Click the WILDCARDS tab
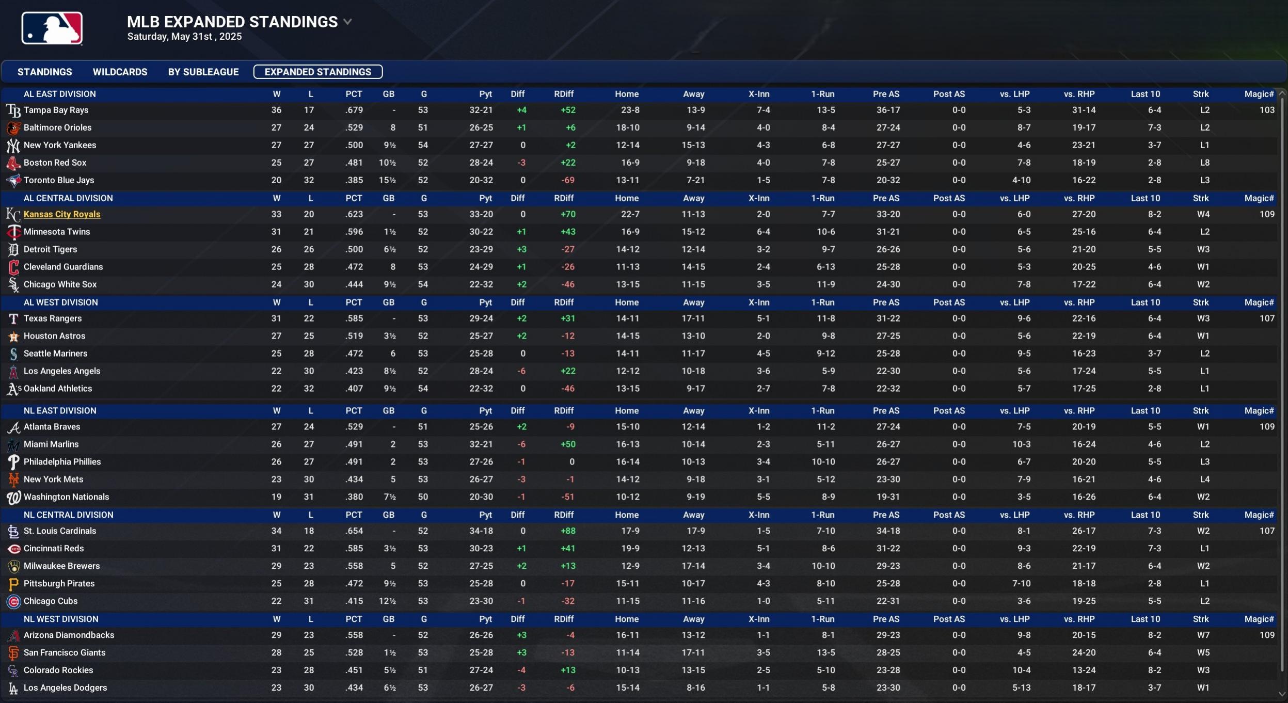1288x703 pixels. pyautogui.click(x=120, y=72)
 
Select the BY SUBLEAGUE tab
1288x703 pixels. pyautogui.click(x=203, y=72)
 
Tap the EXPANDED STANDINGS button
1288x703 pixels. pyautogui.click(x=318, y=72)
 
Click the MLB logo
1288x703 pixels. pyautogui.click(x=52, y=28)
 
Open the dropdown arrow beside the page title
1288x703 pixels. pyautogui.click(x=348, y=22)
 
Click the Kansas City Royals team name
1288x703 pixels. pyautogui.click(x=62, y=214)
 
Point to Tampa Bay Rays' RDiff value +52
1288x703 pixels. pyautogui.click(x=568, y=110)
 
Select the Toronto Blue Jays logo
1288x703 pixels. pyautogui.click(x=13, y=180)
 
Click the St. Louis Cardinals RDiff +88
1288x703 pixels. pyautogui.click(x=568, y=531)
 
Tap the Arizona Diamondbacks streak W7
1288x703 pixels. pyautogui.click(x=1203, y=635)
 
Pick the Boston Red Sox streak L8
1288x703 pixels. pyautogui.click(x=1204, y=163)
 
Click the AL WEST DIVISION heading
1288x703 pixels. pyautogui.click(x=61, y=302)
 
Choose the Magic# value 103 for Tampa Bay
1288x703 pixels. pyautogui.click(x=1267, y=110)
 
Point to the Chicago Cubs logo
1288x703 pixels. pyautogui.click(x=13, y=601)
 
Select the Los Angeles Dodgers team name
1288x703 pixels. pyautogui.click(x=66, y=688)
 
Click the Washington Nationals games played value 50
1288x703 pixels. pyautogui.click(x=423, y=497)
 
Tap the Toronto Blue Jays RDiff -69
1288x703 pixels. pyautogui.click(x=568, y=180)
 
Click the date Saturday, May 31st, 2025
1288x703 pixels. pyautogui.click(x=184, y=37)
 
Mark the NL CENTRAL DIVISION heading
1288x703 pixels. pyautogui.click(x=69, y=515)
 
